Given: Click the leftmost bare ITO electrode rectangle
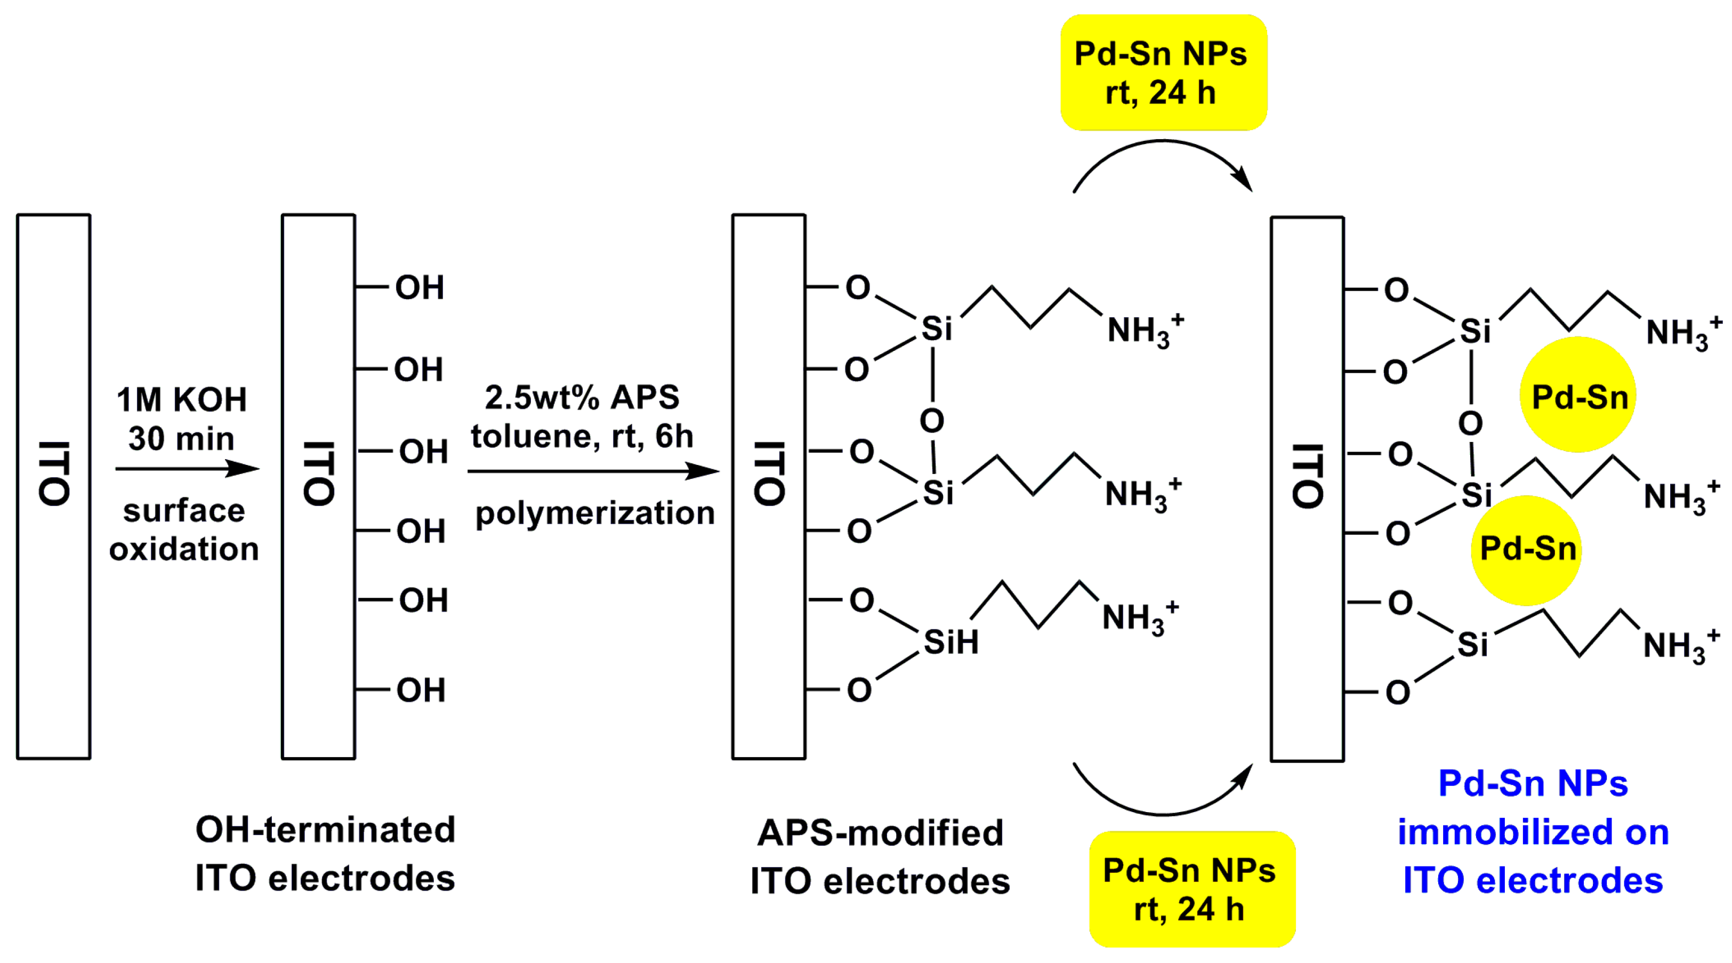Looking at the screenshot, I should tap(54, 486).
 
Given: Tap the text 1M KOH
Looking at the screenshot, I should tap(182, 399).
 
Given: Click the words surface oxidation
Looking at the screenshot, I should tap(183, 530).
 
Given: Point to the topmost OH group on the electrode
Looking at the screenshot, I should tap(419, 288).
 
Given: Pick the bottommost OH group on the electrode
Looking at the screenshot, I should tap(420, 691).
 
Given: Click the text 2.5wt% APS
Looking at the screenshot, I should tap(582, 397).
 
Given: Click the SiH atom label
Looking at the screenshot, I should tap(950, 642).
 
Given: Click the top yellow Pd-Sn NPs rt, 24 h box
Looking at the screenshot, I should tap(1163, 73).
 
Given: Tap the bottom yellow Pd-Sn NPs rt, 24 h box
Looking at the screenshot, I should tap(1191, 889).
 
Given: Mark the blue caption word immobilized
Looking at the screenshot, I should tap(1533, 832).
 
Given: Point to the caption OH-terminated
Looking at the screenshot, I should tap(325, 829).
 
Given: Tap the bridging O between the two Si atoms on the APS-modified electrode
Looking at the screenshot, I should tap(931, 421).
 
